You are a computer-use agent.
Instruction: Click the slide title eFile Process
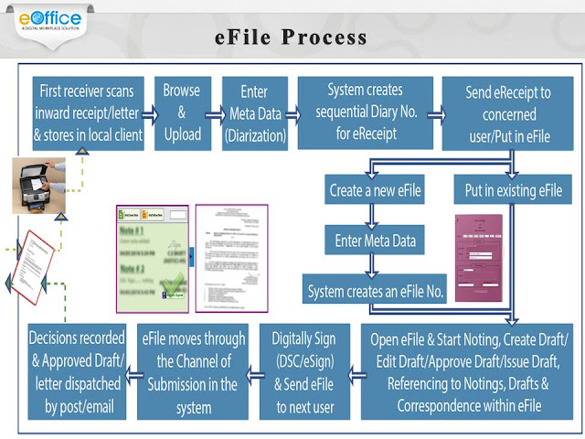coord(291,37)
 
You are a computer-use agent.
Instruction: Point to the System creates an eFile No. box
coord(374,292)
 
